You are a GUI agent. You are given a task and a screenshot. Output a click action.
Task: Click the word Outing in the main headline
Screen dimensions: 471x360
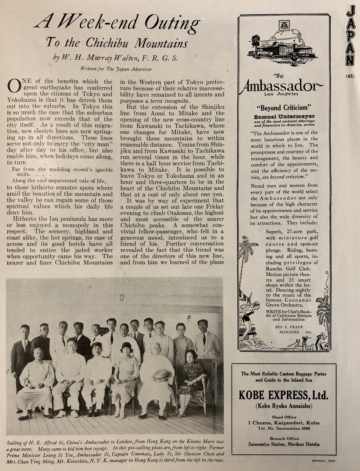172,24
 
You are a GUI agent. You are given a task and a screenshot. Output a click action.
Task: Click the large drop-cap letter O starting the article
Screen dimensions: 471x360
14,85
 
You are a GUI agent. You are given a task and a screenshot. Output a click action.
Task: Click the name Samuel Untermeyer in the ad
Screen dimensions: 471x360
284,116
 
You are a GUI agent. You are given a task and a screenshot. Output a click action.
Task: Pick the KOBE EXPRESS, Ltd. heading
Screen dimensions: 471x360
284,395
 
